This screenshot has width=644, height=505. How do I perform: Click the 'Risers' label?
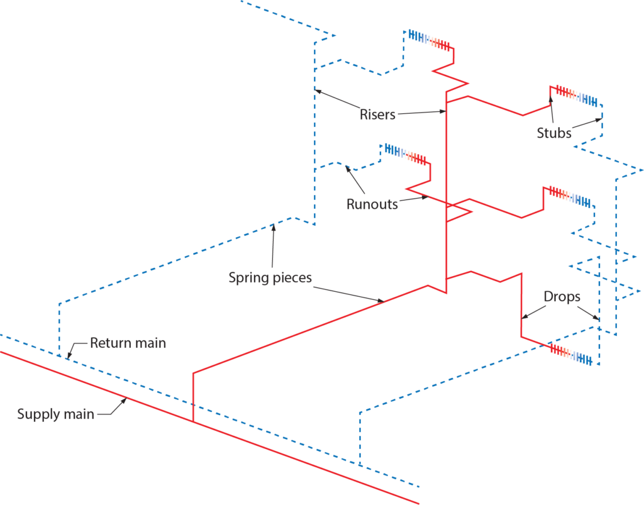pos(377,114)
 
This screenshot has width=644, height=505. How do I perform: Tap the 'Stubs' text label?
pos(554,133)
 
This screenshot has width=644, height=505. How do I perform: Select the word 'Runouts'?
pos(372,204)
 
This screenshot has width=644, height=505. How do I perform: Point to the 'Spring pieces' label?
pos(270,277)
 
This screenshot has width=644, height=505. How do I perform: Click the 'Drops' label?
pos(562,297)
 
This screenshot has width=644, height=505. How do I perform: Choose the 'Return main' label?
pos(128,343)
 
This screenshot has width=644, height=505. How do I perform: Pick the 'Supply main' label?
pos(55,414)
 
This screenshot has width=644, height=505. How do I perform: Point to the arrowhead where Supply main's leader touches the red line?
pos(126,400)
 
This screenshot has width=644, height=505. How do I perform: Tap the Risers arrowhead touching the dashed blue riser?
pos(317,89)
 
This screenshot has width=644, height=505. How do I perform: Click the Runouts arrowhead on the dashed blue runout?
pos(346,167)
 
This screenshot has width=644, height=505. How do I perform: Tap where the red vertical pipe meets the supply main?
pos(193,422)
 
